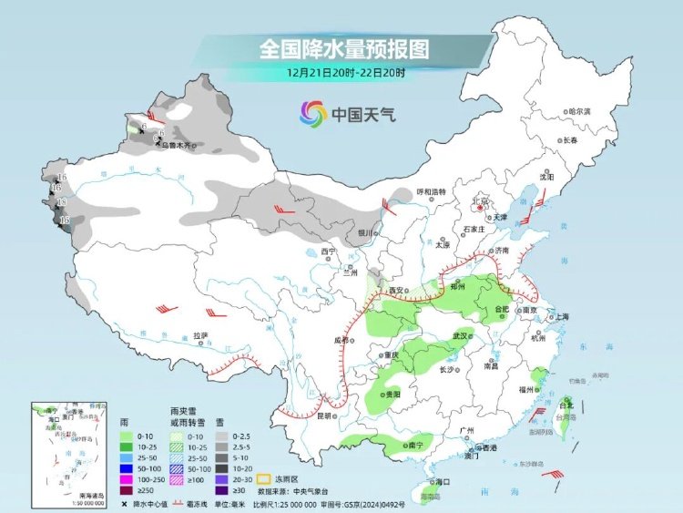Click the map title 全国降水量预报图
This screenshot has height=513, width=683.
pos(343,46)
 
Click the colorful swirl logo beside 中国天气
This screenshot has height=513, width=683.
pos(312,114)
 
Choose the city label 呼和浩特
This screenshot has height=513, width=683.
pos(431,191)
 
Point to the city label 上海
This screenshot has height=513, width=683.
pos(559,316)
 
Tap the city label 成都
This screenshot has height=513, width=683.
pos(342,340)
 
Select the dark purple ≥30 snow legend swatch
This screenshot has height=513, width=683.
pos(222,490)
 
